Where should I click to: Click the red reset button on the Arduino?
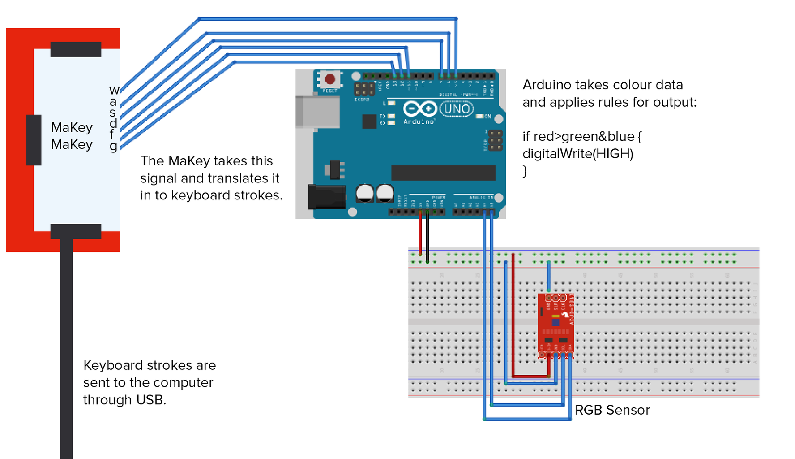tap(330, 79)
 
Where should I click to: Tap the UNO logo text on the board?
tap(457, 109)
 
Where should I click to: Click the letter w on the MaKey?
tap(114, 91)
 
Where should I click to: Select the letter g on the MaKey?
tap(113, 146)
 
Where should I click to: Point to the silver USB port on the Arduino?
tap(317, 111)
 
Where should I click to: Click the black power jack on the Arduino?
tap(327, 197)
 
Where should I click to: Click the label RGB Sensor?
tap(612, 410)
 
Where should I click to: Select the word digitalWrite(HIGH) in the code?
tap(577, 154)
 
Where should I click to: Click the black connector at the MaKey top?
tap(76, 49)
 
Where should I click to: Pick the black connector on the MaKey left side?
tap(34, 140)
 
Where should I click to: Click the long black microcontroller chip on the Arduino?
tap(443, 173)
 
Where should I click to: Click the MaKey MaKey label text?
tap(72, 136)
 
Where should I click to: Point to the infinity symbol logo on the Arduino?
tap(419, 109)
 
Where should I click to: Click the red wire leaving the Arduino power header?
tap(420, 233)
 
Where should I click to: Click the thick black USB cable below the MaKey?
tap(66, 350)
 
